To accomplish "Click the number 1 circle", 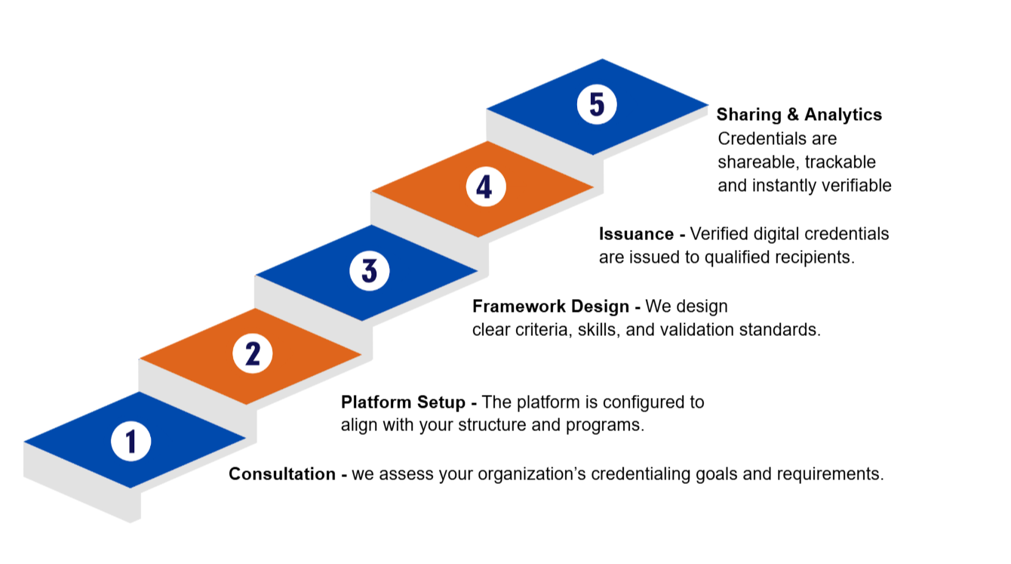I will point(131,440).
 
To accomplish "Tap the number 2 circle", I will point(252,353).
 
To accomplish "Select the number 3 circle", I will point(369,270).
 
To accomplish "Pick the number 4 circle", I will point(484,186).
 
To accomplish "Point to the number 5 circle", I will point(597,104).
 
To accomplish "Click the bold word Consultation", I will point(282,474).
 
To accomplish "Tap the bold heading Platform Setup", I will point(403,402).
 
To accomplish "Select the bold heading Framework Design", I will point(551,307).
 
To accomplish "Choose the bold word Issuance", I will point(636,234).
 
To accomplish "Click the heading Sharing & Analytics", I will point(799,115).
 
